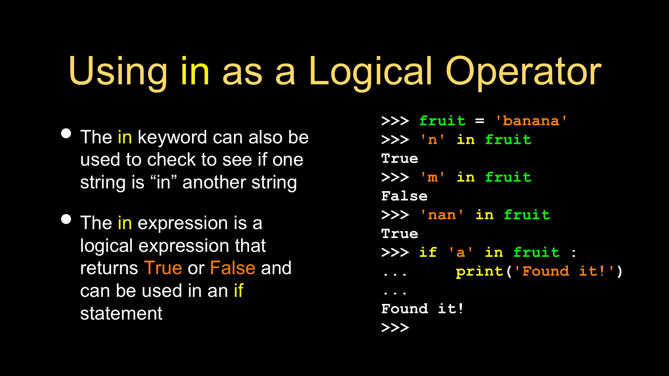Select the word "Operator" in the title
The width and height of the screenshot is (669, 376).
point(523,73)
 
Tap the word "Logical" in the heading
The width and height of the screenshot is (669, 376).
point(370,73)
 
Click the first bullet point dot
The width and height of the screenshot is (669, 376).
point(66,134)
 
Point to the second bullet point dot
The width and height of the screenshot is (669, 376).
point(66,219)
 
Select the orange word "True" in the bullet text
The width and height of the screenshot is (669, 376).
point(163,268)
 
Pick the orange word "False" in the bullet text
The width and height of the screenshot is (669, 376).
point(233,268)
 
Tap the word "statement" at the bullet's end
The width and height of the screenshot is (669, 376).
point(121,313)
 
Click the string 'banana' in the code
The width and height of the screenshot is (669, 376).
point(531,121)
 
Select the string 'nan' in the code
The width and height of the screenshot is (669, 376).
point(442,215)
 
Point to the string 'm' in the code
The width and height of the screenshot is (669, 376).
point(432,177)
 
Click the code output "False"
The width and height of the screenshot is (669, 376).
point(404,196)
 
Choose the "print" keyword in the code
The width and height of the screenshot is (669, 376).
point(479,271)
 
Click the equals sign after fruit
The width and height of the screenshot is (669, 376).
point(480,121)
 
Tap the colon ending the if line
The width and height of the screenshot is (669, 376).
point(573,253)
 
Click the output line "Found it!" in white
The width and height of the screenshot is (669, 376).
point(422,309)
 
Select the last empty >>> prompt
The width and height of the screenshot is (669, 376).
point(395,328)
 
